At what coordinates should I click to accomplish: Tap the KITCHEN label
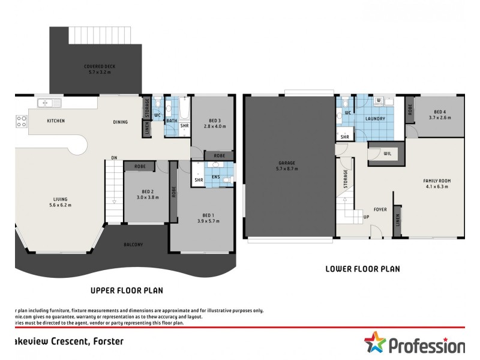(x=56, y=121)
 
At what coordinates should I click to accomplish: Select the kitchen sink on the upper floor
(x=46, y=104)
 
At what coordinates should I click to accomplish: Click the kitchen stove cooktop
(x=21, y=121)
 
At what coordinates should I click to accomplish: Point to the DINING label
(x=120, y=122)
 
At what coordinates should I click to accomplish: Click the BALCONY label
(x=133, y=244)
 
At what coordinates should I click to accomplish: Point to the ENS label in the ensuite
(x=214, y=177)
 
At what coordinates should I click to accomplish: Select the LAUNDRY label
(x=375, y=119)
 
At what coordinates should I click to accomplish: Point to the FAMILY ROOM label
(x=436, y=181)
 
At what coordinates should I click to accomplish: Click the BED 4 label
(x=440, y=112)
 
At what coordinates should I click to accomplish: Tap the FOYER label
(x=379, y=209)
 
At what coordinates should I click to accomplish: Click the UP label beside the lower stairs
(x=366, y=217)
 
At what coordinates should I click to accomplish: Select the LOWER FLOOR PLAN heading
(x=362, y=269)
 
